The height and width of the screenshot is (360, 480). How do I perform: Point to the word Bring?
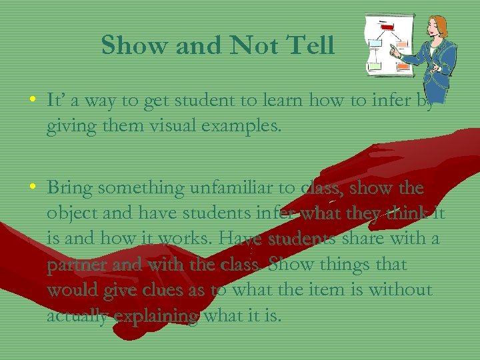[x=69, y=188]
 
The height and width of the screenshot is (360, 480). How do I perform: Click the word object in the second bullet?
[x=69, y=214]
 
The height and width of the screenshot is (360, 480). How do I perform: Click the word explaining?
[x=157, y=315]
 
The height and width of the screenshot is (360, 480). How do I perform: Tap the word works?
[x=193, y=239]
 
